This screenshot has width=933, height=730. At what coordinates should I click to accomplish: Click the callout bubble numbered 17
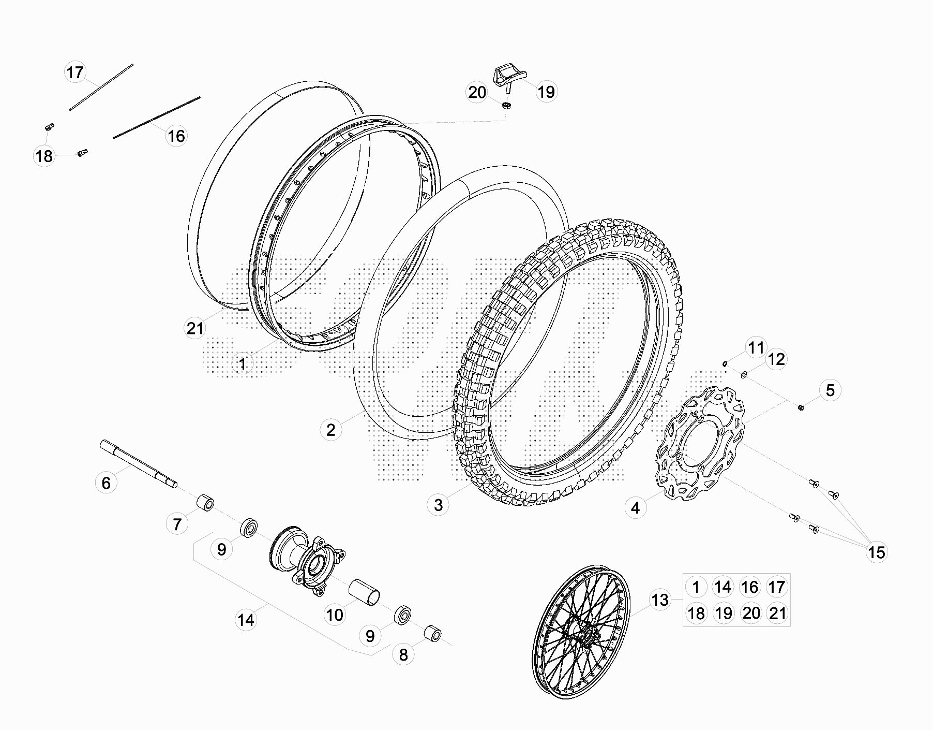pos(75,72)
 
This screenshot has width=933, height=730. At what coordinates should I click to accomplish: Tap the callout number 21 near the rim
pos(195,328)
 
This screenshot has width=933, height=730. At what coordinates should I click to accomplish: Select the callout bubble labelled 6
pos(106,483)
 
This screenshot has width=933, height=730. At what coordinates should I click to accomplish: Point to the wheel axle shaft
pos(139,463)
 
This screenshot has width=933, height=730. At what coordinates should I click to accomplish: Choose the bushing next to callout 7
pos(204,502)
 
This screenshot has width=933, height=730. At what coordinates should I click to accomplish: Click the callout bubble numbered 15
pos(877,552)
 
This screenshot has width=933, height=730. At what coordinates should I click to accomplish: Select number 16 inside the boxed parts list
pos(750,587)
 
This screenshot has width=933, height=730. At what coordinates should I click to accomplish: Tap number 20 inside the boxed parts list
pos(751,613)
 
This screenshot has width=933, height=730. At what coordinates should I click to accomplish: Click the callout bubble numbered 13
pos(660,600)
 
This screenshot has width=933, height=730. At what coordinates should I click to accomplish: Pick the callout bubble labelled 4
pos(636,508)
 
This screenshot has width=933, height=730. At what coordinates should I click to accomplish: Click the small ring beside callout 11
pos(725,363)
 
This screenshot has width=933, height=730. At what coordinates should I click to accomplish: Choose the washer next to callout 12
pos(744,374)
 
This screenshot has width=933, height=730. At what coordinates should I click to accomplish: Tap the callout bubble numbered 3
pos(439,504)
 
